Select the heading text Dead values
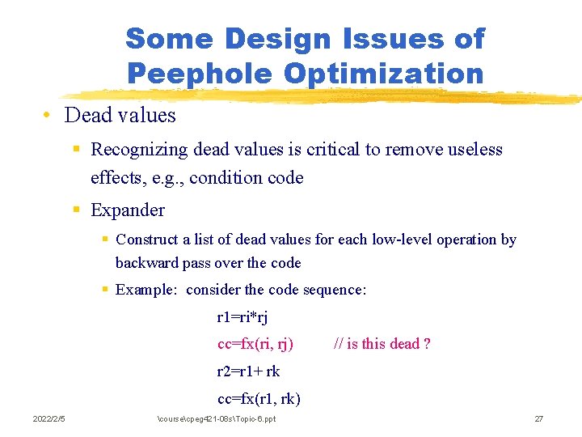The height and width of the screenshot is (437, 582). coord(120,115)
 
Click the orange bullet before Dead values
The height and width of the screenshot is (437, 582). coord(48,115)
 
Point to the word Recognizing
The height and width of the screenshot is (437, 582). coord(138,150)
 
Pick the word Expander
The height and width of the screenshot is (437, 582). coord(128,210)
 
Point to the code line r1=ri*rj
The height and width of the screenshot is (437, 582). coord(242,317)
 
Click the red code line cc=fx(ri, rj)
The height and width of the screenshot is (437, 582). coord(255,344)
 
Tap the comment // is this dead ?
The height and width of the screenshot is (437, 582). coord(382,344)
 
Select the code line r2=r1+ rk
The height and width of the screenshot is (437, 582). coord(249,371)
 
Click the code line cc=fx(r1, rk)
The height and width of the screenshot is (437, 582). coord(259,398)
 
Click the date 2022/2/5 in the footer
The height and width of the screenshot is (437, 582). coord(48,418)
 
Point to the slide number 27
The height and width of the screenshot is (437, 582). coord(539,418)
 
